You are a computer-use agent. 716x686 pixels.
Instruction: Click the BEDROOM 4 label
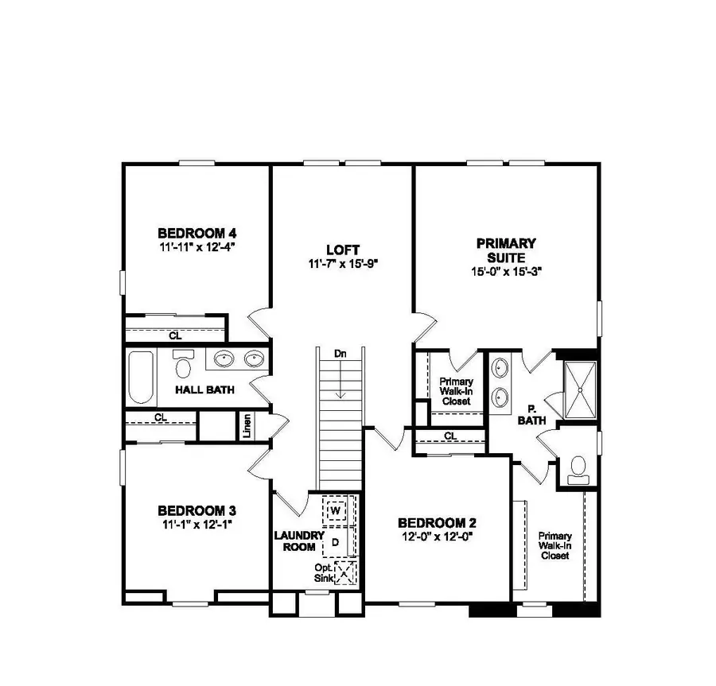[197, 233]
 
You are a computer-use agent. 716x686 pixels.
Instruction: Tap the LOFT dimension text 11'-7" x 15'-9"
[340, 263]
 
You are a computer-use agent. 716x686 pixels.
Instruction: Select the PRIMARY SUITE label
[506, 250]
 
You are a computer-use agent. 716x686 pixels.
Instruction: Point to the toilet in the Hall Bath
[184, 366]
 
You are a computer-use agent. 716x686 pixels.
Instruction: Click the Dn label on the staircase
[340, 354]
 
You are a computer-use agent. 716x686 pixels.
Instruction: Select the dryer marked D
[335, 541]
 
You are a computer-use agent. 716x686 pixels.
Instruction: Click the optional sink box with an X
[345, 572]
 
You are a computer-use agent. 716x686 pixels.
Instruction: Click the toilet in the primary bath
[578, 468]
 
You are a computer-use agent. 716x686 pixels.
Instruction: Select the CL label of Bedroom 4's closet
[174, 336]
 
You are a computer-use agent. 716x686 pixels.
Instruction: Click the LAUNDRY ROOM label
[299, 541]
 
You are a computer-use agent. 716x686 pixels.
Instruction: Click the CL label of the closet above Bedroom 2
[450, 436]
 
